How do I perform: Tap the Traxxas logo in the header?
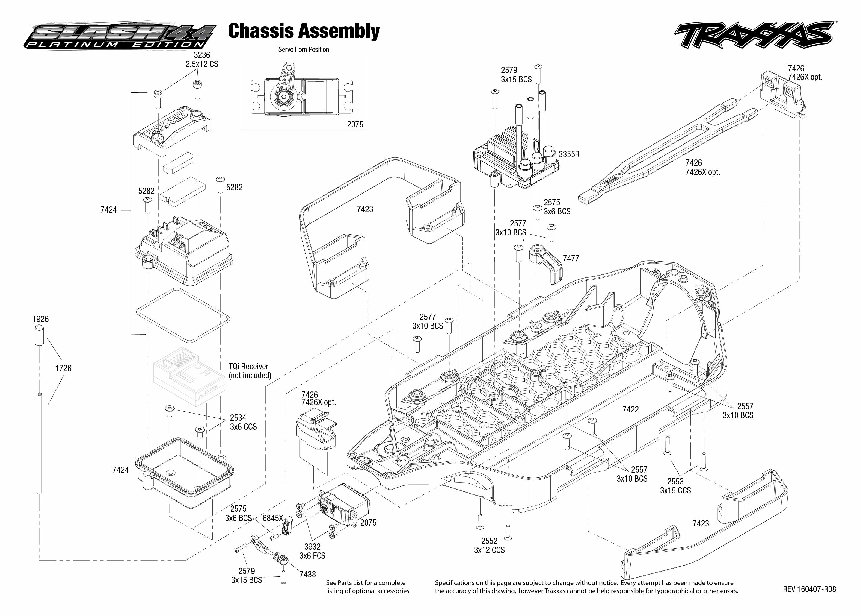[754, 36]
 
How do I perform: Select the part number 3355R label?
[569, 154]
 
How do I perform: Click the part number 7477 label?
[571, 258]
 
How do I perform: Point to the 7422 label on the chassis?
[630, 409]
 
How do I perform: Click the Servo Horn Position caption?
[303, 49]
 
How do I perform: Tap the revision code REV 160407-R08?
[809, 589]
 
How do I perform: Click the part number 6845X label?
[272, 518]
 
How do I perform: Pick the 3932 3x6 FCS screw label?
[312, 551]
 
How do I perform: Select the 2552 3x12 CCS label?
[489, 545]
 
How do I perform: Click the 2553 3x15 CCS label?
[675, 486]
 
